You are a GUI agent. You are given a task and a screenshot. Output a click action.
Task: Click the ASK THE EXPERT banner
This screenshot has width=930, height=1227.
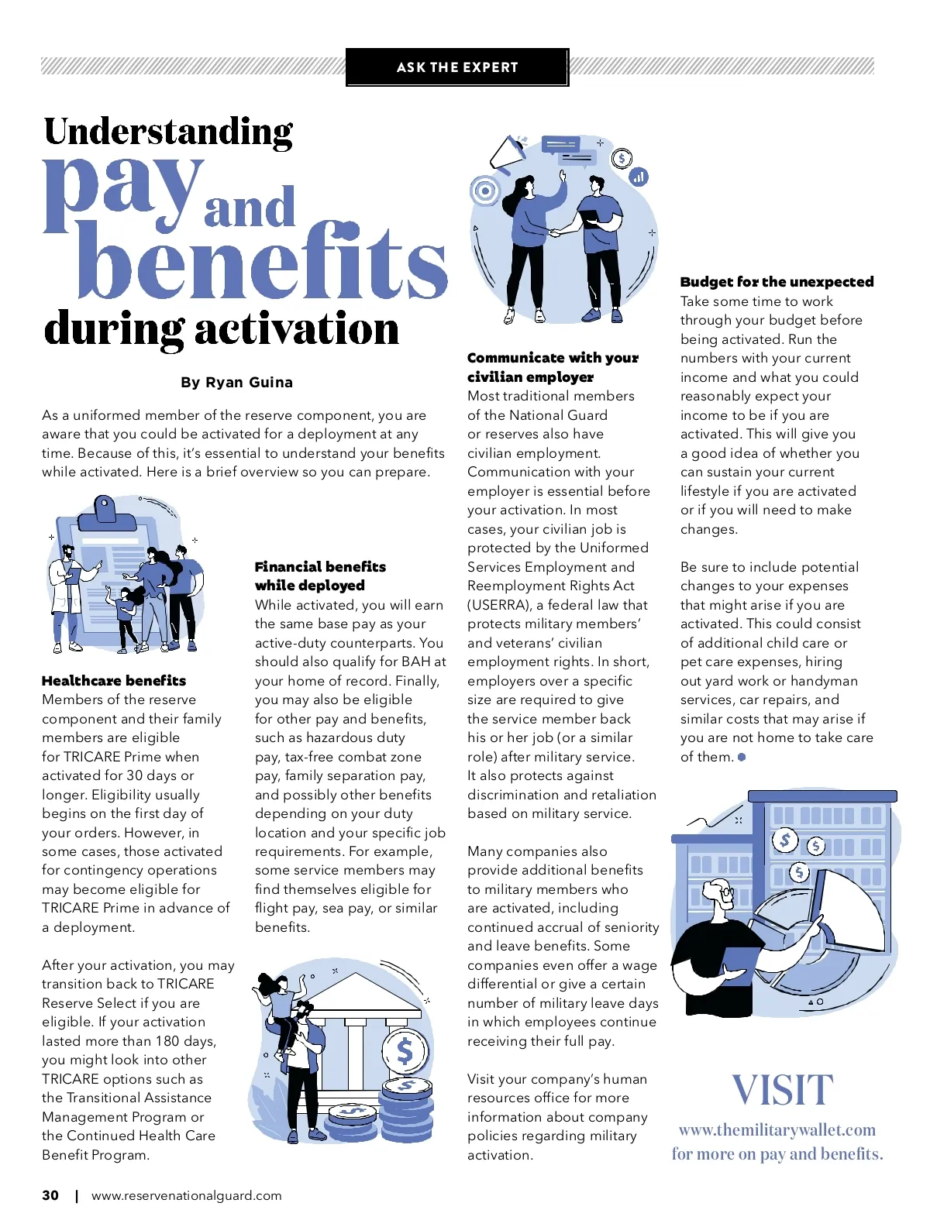(x=456, y=67)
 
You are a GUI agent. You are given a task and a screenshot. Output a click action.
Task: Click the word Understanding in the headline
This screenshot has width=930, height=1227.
(x=168, y=132)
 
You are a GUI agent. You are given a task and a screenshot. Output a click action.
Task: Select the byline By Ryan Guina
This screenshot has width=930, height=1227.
(x=236, y=383)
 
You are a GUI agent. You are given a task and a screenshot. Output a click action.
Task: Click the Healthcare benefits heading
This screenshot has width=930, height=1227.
(x=114, y=681)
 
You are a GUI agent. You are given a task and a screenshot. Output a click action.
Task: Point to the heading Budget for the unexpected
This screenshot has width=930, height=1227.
(x=777, y=282)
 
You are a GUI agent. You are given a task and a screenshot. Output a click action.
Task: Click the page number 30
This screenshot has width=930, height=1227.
(x=50, y=1195)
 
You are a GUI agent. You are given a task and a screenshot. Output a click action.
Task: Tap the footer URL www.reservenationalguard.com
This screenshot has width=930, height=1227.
(x=186, y=1195)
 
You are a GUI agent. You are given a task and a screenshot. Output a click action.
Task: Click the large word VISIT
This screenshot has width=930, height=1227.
(x=783, y=1090)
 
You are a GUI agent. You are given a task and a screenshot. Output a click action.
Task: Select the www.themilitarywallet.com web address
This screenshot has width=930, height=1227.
(x=777, y=1130)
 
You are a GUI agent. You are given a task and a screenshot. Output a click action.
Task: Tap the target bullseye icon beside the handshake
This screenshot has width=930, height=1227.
(x=486, y=191)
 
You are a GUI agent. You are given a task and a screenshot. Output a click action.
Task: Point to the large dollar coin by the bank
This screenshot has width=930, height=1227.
(x=405, y=1052)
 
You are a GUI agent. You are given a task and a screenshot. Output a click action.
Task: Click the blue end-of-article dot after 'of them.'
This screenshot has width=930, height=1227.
(x=742, y=758)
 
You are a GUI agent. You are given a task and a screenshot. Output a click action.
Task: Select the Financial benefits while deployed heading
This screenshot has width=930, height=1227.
(x=320, y=576)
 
